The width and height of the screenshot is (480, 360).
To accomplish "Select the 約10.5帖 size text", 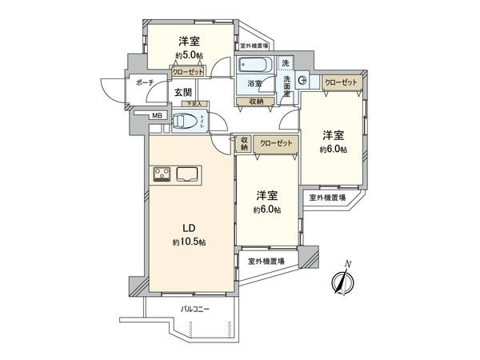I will point(188,242).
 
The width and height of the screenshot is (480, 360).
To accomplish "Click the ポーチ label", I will point(122,82).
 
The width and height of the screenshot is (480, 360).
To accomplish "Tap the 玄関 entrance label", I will point(183,92).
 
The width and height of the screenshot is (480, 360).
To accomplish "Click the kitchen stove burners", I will point(158,174).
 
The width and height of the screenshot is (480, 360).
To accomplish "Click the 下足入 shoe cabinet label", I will point(195,104).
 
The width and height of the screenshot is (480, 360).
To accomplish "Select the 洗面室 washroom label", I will point(286,85).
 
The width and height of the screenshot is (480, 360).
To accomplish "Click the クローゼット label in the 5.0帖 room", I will point(187,71).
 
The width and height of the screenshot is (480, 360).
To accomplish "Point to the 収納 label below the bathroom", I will point(256,101).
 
